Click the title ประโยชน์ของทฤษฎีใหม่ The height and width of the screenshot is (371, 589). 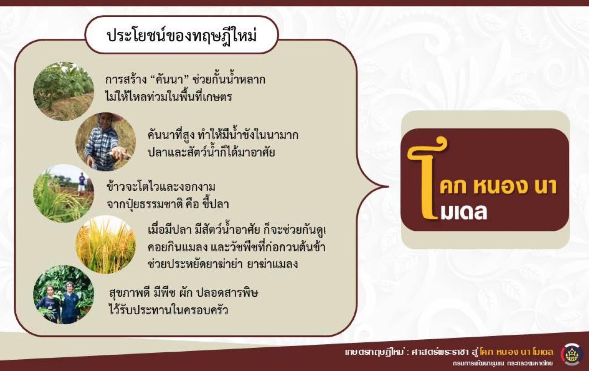182,36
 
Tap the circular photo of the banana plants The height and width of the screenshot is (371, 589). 64,91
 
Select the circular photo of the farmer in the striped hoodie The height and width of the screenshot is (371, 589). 106,142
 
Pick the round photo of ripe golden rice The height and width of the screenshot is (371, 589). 106,244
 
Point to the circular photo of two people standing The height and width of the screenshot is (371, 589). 64,295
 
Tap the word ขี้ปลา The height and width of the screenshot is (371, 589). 216,204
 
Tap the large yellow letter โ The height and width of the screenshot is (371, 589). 427,178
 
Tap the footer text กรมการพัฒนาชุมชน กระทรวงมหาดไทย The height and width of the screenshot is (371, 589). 503,363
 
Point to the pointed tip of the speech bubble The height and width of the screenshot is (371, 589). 388,186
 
